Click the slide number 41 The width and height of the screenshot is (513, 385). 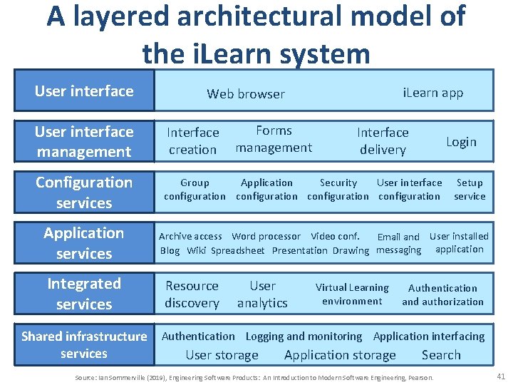click(x=500, y=376)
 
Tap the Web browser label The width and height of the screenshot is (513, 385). click(x=245, y=93)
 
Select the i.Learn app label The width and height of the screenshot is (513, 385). click(x=432, y=93)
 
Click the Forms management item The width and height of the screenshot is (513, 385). click(x=274, y=139)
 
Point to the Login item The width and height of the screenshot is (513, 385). click(x=461, y=141)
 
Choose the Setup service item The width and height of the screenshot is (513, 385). click(x=470, y=189)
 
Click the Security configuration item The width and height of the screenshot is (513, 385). click(x=338, y=189)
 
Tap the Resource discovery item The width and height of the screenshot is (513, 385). click(x=192, y=294)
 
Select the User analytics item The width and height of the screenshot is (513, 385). click(x=262, y=294)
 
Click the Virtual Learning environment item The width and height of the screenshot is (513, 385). click(x=352, y=294)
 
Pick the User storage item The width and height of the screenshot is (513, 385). click(x=222, y=355)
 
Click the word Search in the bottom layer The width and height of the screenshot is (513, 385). click(x=441, y=355)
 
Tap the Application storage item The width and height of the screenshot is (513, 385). click(x=340, y=355)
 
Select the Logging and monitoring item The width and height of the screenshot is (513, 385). click(x=304, y=337)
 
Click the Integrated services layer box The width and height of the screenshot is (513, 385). click(x=84, y=294)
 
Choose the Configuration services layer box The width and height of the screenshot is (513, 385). click(x=84, y=192)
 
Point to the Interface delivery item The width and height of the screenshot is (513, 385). click(x=383, y=140)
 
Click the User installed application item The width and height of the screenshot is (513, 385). click(x=459, y=242)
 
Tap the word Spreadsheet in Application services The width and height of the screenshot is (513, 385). click(x=238, y=250)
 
